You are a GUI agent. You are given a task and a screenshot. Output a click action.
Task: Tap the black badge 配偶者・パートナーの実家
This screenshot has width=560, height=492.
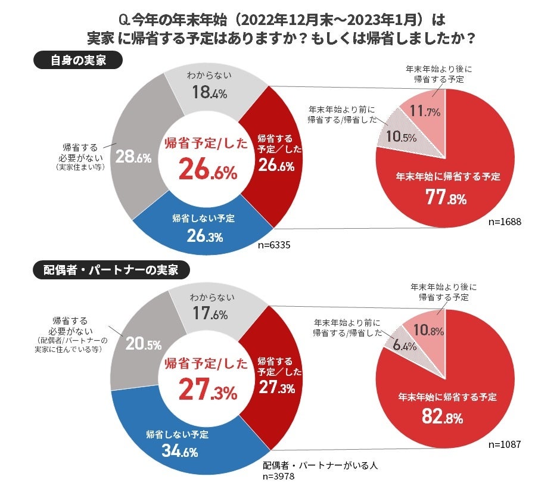click(111, 270)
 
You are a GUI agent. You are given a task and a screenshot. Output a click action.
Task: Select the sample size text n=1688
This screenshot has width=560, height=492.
click(505, 222)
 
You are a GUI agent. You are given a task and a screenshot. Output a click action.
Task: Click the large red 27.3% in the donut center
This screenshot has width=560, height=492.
click(209, 391)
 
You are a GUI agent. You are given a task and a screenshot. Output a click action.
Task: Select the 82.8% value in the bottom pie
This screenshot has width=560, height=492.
click(443, 417)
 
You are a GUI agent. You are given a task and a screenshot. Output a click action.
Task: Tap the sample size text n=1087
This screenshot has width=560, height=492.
click(505, 444)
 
